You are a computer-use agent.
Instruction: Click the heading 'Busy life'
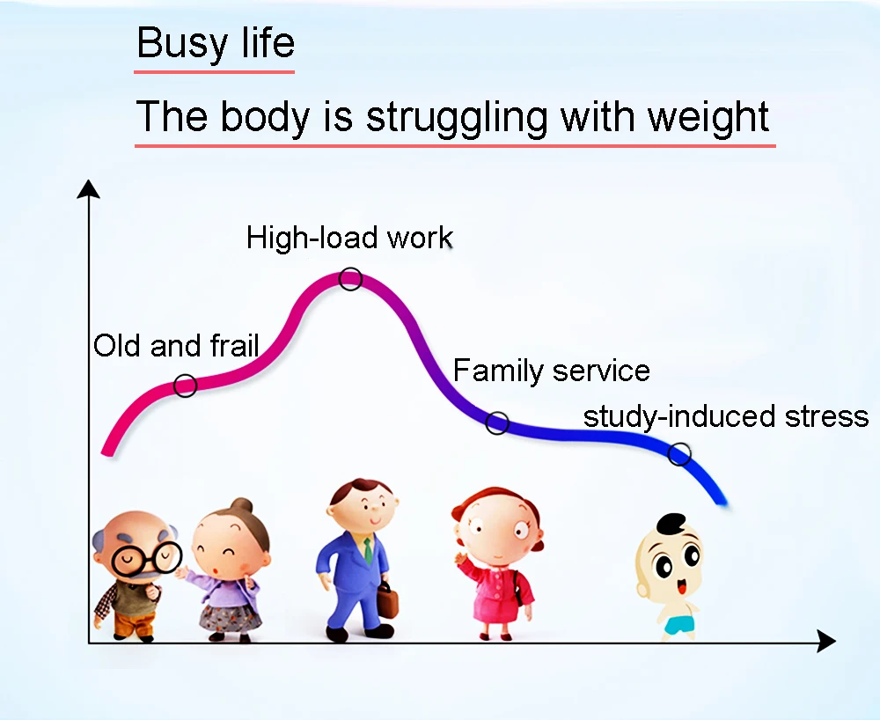[216, 43]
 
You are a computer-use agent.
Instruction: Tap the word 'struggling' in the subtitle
[457, 118]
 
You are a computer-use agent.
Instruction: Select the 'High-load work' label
[349, 238]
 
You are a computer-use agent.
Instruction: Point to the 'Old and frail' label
[176, 346]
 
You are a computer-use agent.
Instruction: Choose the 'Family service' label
[551, 371]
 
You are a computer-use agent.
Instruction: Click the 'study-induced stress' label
[726, 417]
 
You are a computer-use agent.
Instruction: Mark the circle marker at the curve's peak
[351, 279]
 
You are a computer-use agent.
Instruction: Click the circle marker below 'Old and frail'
[185, 386]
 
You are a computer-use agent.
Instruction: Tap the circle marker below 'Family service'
[497, 422]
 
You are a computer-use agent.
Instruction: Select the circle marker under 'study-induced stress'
[679, 453]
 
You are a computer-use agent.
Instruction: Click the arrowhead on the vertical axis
[88, 189]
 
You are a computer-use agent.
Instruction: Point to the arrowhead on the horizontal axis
[826, 641]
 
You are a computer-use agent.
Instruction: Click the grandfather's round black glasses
[146, 558]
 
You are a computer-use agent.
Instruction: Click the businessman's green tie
[368, 550]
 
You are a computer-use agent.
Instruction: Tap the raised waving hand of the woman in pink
[462, 560]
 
